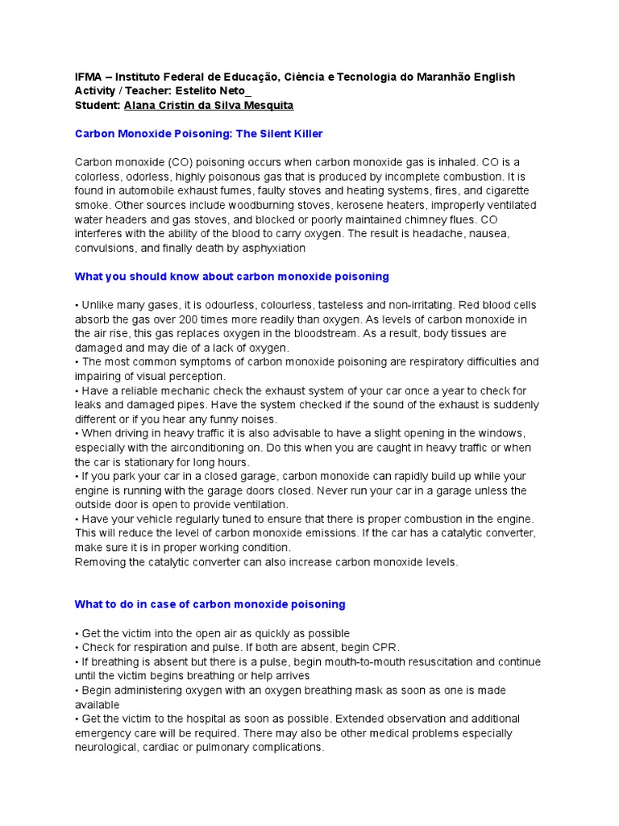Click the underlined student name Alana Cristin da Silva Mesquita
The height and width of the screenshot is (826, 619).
tap(209, 106)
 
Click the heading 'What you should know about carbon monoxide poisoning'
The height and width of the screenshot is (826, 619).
tap(231, 277)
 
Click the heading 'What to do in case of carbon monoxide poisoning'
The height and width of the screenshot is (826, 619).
tap(210, 604)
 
